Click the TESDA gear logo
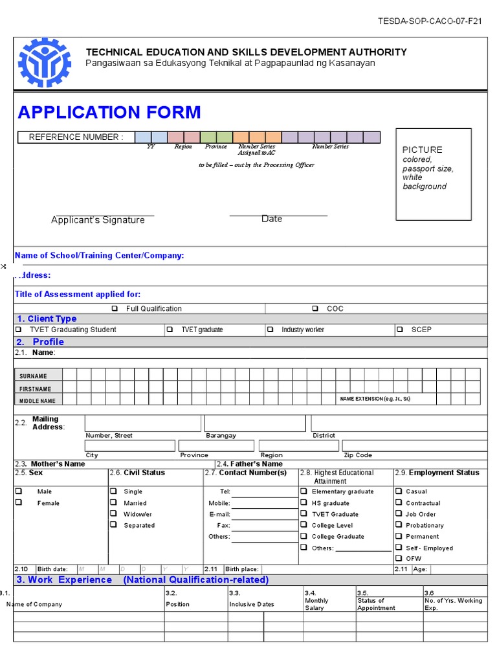pos(44,63)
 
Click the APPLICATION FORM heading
pos(109,113)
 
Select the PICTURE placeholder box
pos(434,174)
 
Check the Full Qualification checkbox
pos(115,309)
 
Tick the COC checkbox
pos(315,309)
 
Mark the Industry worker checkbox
pos(271,330)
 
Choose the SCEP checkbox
pos(400,330)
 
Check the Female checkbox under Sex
pos(19,502)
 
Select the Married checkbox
pos(113,502)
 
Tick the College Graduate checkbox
pos(303,536)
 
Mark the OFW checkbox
pos(399,558)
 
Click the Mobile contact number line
pos(263,503)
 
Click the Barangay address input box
pos(255,423)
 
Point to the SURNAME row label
pos(33,376)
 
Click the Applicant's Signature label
pos(98,220)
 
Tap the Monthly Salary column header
pos(316,604)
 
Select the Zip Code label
pos(358,455)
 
